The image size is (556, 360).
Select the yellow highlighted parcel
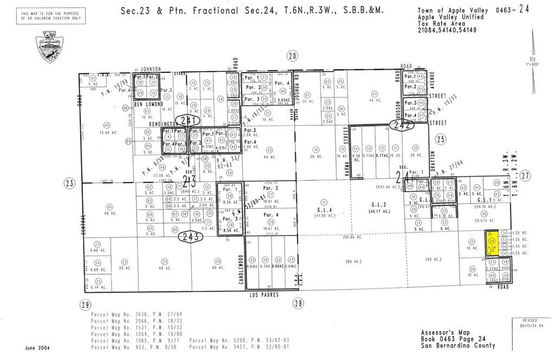[x=492, y=243]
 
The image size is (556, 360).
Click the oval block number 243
[x=193, y=236]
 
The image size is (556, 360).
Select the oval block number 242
[x=403, y=125]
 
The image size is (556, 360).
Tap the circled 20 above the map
[x=293, y=56]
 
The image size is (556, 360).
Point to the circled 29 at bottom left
[x=84, y=305]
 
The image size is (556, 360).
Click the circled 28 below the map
[x=298, y=304]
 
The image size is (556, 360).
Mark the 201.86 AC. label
[x=353, y=238]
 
